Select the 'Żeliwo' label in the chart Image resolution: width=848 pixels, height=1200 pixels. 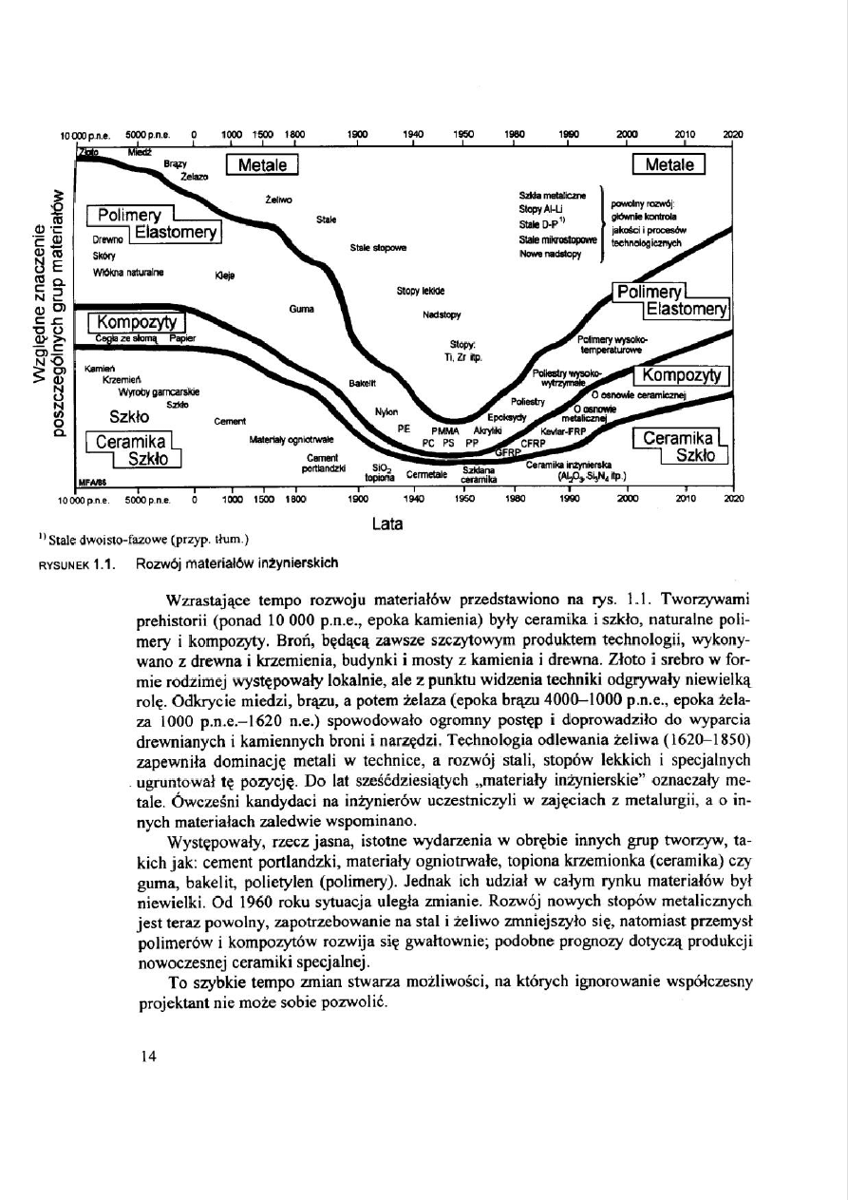(278, 200)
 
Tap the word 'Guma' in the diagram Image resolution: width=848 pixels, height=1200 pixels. (300, 310)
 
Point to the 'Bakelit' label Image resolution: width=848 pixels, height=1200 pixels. (363, 382)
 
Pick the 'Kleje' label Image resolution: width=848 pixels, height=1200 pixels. (225, 276)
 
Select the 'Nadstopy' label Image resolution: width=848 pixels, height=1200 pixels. (441, 314)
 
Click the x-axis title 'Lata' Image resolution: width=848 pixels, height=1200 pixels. (386, 522)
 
